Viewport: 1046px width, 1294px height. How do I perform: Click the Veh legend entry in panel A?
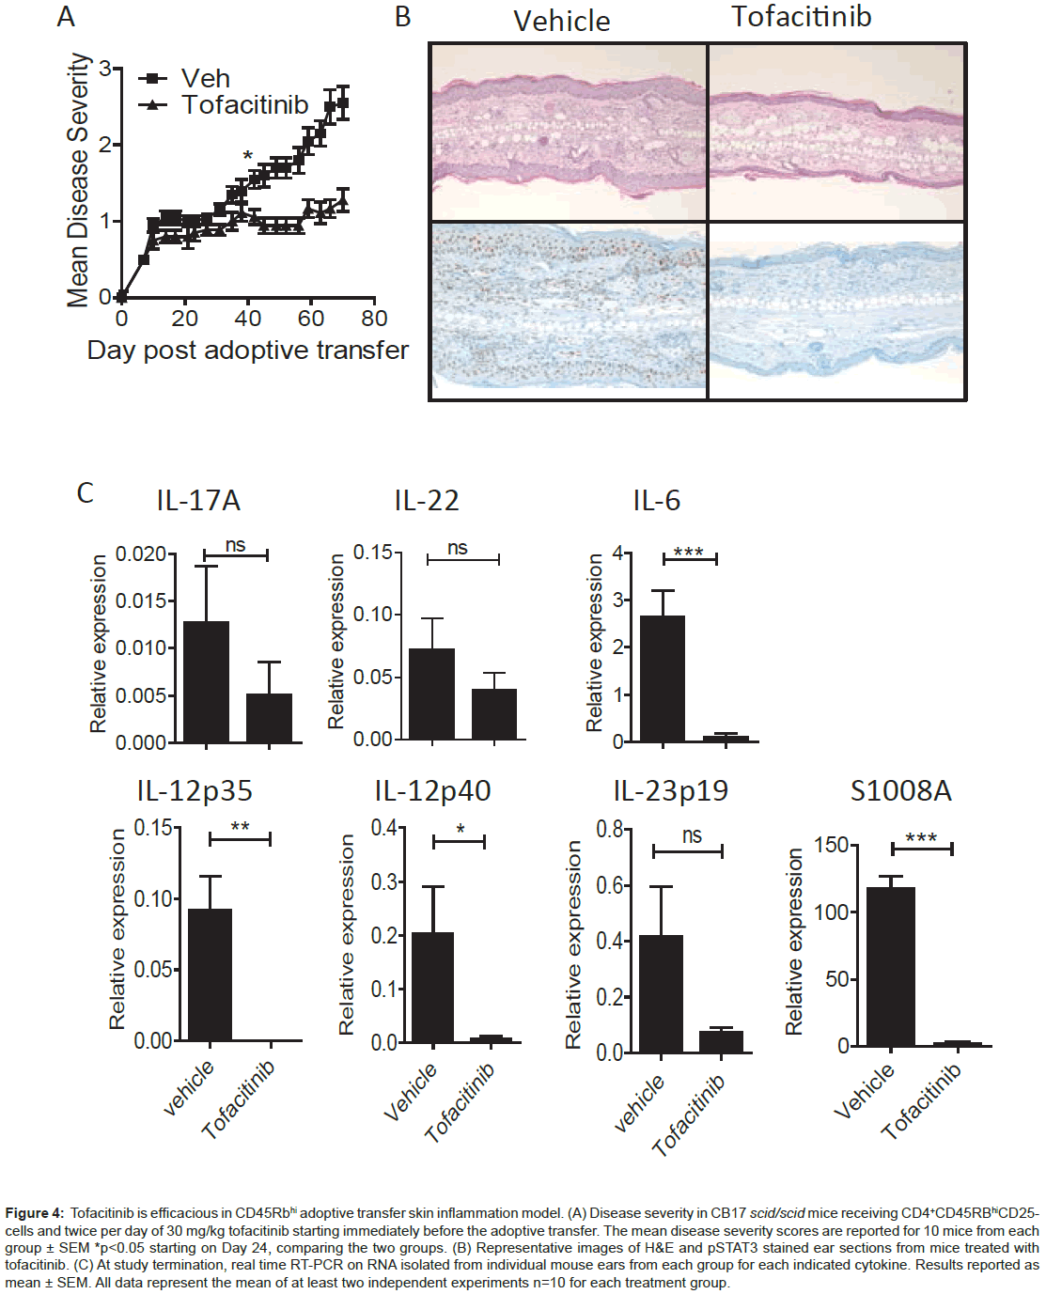click(x=204, y=78)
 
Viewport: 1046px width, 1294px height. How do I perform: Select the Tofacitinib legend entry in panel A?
click(x=244, y=104)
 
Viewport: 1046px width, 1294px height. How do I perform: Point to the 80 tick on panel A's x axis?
click(x=374, y=319)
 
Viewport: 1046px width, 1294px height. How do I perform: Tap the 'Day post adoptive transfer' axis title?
click(x=247, y=351)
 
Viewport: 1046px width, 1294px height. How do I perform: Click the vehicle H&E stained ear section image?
click(x=569, y=133)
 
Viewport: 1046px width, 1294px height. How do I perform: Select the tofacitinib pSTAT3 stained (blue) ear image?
click(x=836, y=311)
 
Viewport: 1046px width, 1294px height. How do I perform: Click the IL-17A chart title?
click(x=198, y=501)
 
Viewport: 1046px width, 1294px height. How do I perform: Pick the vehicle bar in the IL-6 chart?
click(x=663, y=678)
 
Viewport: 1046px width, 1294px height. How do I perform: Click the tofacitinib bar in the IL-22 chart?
click(x=494, y=714)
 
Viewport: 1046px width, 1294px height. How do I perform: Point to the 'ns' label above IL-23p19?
click(x=692, y=835)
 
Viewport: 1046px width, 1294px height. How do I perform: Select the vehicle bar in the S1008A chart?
click(x=890, y=966)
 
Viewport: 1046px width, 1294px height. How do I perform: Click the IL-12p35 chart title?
click(x=195, y=791)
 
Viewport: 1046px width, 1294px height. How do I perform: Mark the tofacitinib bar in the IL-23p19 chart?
click(x=721, y=1041)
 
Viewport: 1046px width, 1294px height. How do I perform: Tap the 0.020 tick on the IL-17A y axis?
click(x=141, y=554)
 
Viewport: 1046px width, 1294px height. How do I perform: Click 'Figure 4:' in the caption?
click(x=35, y=1213)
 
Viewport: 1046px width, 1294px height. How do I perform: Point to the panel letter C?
click(x=85, y=493)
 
